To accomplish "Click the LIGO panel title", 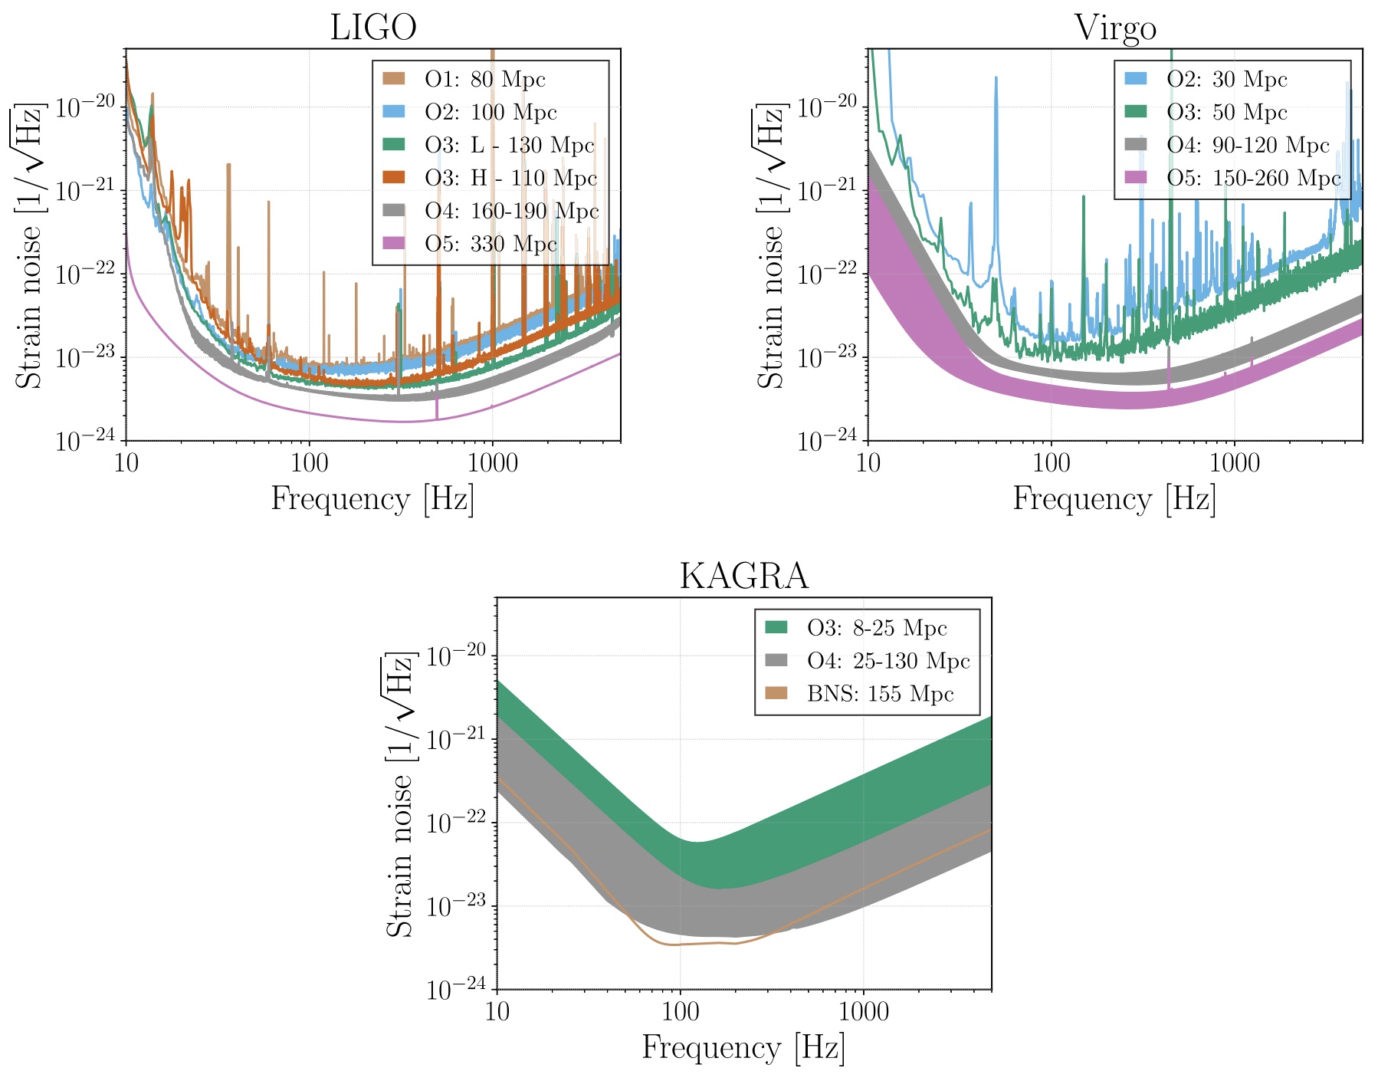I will click(x=373, y=28).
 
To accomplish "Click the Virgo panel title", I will click(x=1115, y=28).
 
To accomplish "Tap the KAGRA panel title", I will click(x=743, y=577).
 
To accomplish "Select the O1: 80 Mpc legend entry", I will click(x=484, y=80).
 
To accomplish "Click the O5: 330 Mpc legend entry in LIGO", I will click(x=491, y=245).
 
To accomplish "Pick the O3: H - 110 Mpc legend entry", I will click(x=510, y=179).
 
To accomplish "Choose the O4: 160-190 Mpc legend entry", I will click(x=511, y=212).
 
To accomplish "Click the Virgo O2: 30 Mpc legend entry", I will click(x=1226, y=80).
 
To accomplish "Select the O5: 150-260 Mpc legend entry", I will click(x=1254, y=179).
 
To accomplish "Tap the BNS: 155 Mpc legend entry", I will click(x=880, y=695).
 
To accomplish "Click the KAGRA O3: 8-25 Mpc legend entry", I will click(x=877, y=629).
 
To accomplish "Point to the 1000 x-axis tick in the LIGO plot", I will click(x=492, y=463).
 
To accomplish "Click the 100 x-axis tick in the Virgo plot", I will click(x=1051, y=463).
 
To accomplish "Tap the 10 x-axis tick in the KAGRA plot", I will click(x=497, y=1012).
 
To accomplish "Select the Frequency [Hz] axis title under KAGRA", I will click(x=743, y=1047).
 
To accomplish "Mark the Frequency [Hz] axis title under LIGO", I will click(x=373, y=499).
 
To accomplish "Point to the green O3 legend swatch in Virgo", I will click(x=1136, y=112).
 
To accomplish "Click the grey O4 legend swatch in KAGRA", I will click(x=776, y=661).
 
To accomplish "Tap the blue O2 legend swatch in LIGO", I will click(x=394, y=112).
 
